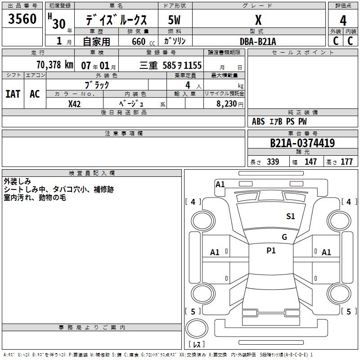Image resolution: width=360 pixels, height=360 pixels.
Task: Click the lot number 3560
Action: point(22,19)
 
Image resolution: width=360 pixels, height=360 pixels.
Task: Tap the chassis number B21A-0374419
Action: point(302,143)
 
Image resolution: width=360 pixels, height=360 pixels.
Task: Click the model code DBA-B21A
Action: point(258,41)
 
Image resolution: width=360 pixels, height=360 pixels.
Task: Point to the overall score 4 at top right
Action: point(343,21)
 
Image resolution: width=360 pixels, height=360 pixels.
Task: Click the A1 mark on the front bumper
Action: point(220,184)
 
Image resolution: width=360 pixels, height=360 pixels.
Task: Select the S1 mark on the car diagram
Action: point(291,216)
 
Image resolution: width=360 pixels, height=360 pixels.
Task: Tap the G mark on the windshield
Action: point(284,237)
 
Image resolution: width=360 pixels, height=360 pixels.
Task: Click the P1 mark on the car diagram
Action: point(271,251)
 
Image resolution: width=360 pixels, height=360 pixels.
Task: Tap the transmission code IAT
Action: point(13,94)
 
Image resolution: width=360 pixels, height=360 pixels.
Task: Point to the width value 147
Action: point(310,162)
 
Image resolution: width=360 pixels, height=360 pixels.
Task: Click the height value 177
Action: point(346,162)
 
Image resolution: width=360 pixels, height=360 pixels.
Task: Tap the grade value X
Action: point(258,20)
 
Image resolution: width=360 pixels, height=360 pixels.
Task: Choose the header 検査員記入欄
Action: point(92,173)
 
